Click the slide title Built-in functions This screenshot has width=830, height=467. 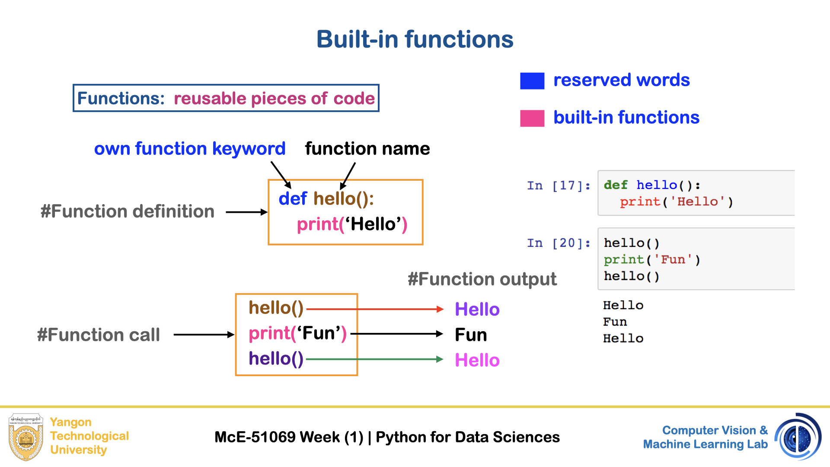click(x=415, y=39)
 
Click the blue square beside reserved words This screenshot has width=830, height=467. click(x=532, y=81)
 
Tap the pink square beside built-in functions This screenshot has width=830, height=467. click(x=532, y=118)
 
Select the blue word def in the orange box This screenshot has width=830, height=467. click(x=293, y=199)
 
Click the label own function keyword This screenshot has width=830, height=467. click(x=190, y=149)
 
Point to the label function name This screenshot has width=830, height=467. click(x=367, y=149)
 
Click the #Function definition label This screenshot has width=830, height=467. click(x=128, y=211)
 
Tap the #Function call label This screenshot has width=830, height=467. click(x=99, y=335)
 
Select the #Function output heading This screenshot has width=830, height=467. click(x=482, y=279)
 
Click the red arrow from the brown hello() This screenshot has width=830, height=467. click(x=374, y=309)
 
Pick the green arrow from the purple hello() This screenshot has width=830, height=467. click(x=374, y=359)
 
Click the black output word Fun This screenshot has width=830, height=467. click(x=471, y=335)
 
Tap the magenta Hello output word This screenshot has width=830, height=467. click(x=477, y=360)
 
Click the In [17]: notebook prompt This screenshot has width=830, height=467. click(x=558, y=186)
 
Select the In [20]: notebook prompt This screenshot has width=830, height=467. click(x=558, y=243)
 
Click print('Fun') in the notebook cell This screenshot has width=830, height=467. click(x=651, y=260)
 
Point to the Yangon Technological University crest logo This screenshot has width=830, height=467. click(x=26, y=437)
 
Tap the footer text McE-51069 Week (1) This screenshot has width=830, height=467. click(x=289, y=437)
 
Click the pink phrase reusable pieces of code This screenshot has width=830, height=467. click(x=274, y=99)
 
